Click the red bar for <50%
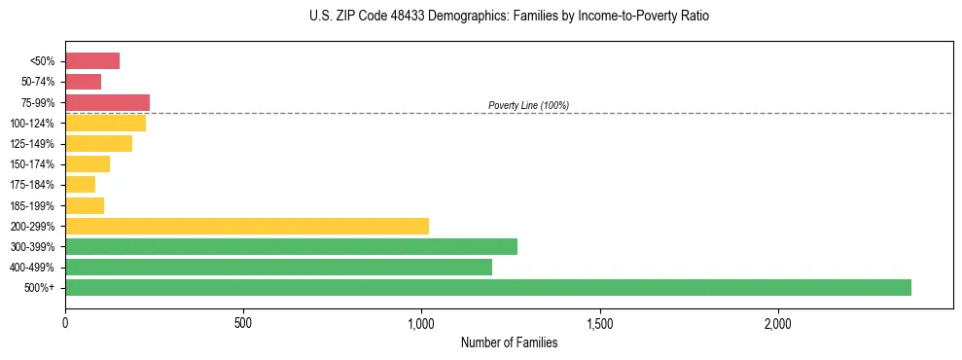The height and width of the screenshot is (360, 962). [92, 61]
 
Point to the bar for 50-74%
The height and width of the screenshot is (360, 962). [83, 82]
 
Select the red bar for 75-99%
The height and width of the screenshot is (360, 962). [107, 102]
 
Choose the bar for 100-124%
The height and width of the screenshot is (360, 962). [105, 123]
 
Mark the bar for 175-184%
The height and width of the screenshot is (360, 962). [80, 185]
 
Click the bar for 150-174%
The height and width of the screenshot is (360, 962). [88, 163]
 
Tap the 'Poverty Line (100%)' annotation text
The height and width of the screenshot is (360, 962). [528, 105]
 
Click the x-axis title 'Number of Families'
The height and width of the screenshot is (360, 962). [509, 342]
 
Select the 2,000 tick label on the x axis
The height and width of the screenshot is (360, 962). [778, 322]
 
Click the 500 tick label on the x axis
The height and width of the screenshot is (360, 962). [243, 322]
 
